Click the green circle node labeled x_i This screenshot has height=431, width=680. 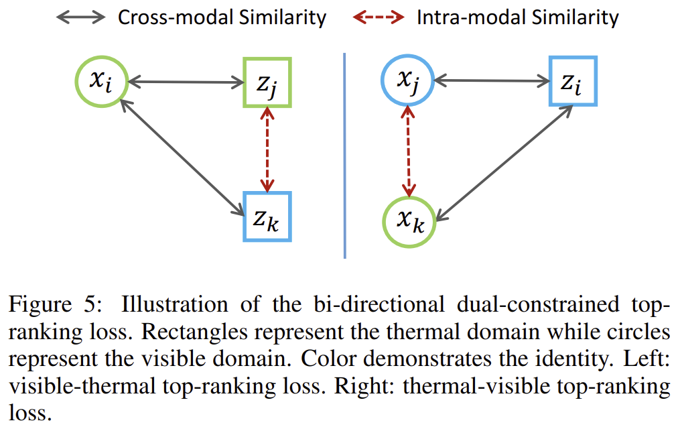pos(100,82)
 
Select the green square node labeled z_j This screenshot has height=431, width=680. pos(267,82)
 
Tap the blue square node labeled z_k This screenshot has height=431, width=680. pos(267,217)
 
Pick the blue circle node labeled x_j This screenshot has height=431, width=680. pos(408,82)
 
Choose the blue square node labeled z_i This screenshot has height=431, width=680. pos(573,82)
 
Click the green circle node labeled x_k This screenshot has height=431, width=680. pos(409,222)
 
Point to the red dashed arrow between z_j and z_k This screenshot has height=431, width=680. pos(268,150)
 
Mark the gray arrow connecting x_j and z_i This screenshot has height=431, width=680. pos(492,82)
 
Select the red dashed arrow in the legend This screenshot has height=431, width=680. pos(379,17)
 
